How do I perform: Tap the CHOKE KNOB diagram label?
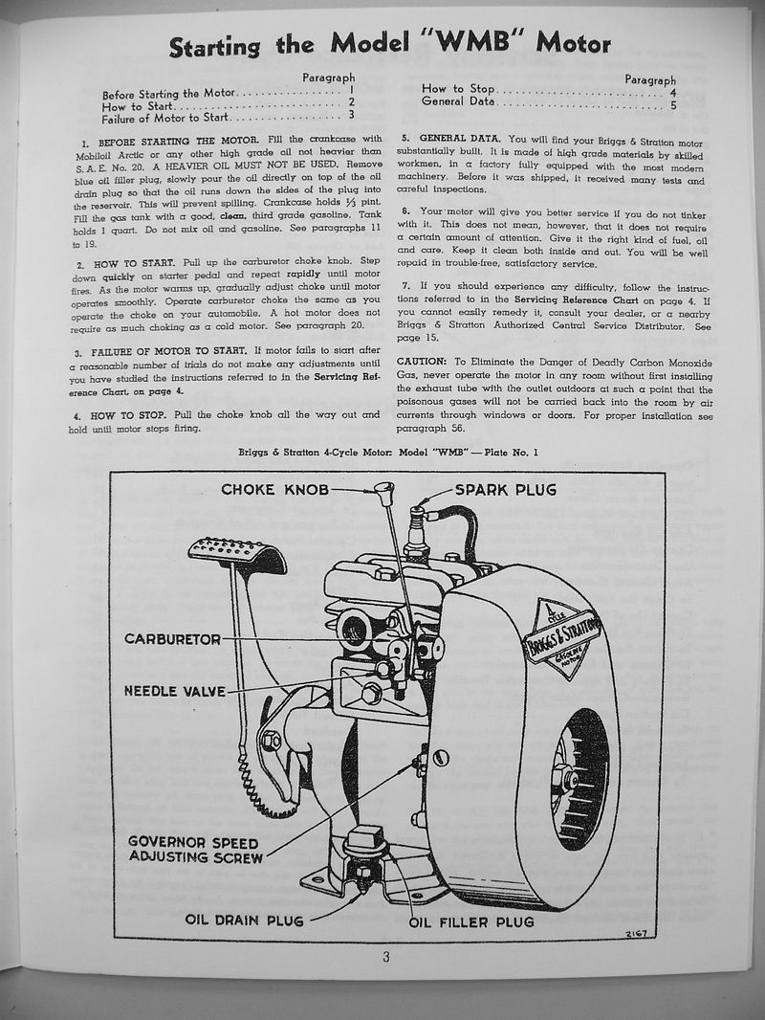(x=274, y=490)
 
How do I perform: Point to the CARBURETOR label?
(x=172, y=638)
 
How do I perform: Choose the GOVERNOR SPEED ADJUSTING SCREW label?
(x=195, y=849)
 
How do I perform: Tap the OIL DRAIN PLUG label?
(x=244, y=920)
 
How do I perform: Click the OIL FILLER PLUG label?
(x=471, y=921)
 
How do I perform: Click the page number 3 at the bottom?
(x=386, y=961)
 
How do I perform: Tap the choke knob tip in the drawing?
(x=384, y=493)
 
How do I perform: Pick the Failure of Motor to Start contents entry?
(x=164, y=118)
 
